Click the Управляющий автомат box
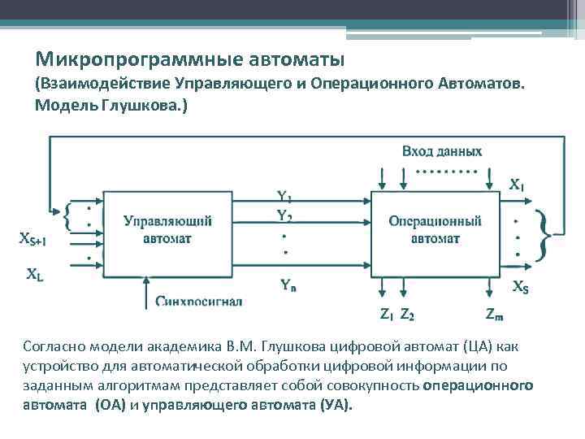(x=167, y=230)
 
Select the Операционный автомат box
(x=435, y=230)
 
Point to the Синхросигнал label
(x=200, y=302)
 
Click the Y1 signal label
(x=284, y=197)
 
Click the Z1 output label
(x=387, y=315)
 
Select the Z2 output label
(x=407, y=315)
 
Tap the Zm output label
(x=494, y=315)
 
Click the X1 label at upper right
(x=517, y=185)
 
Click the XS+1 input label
(x=32, y=239)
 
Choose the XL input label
(x=35, y=276)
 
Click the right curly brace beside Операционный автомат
(x=545, y=233)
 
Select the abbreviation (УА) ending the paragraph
(x=335, y=406)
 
